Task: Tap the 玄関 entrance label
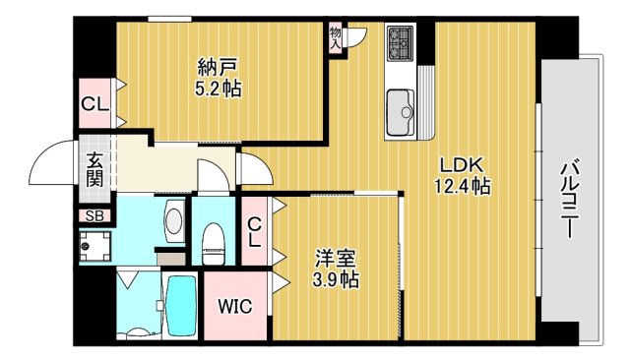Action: coord(94,169)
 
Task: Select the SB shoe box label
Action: coord(94,216)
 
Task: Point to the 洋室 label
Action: coord(336,259)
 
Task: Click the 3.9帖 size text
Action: coord(336,280)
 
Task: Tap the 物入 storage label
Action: coord(336,38)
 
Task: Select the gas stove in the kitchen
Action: coord(401,42)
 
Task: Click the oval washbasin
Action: coord(174,220)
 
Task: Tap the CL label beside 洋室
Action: coord(254,232)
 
